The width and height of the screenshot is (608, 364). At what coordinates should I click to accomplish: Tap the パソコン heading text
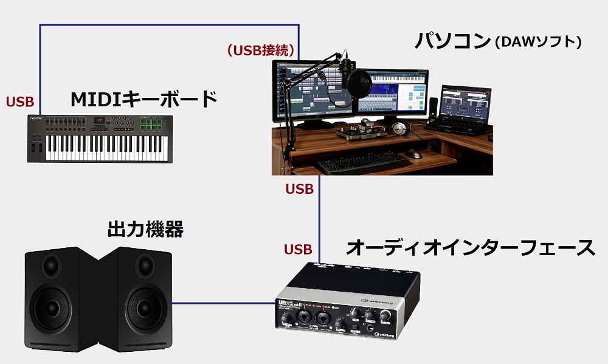tap(452, 41)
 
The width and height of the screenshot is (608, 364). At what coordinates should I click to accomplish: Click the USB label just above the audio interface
tap(298, 249)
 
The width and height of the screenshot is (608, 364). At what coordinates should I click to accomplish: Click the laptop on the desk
tap(460, 109)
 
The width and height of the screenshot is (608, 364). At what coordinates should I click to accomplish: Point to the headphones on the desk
tap(399, 128)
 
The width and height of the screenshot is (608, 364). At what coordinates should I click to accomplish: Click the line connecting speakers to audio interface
tap(221, 303)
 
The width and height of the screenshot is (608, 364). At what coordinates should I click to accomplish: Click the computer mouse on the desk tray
tap(416, 154)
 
